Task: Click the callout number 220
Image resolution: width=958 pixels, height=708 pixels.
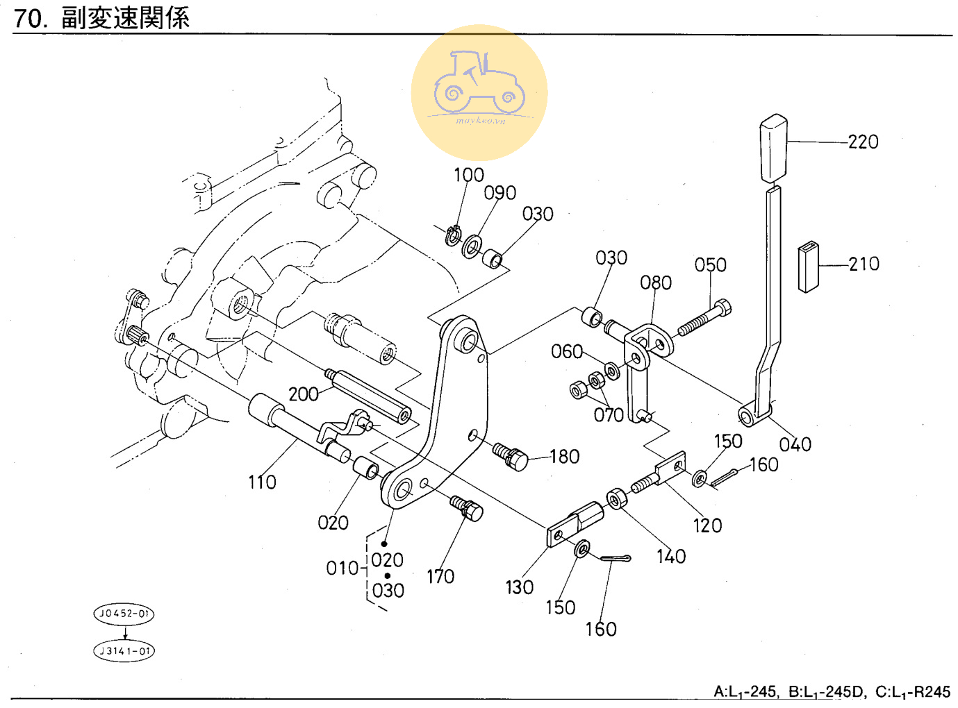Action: tap(863, 142)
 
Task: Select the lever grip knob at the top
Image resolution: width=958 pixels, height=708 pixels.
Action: tap(773, 147)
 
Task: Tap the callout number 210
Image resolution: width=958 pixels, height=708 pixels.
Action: tap(864, 264)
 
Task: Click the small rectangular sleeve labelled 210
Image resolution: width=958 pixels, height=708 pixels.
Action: tap(808, 267)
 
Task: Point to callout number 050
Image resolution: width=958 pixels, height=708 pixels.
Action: tap(710, 265)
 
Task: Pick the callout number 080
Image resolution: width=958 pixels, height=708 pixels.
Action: tap(655, 283)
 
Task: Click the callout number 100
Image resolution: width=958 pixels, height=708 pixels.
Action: tap(468, 175)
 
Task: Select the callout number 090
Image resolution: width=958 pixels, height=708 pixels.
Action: tap(499, 193)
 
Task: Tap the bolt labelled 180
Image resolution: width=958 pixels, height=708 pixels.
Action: tap(511, 456)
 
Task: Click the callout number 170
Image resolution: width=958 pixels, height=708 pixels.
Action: tap(440, 577)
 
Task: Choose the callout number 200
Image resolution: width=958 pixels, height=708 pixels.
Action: tap(303, 394)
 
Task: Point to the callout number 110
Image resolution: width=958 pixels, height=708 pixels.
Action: tap(262, 482)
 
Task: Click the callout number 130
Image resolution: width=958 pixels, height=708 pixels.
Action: tap(519, 588)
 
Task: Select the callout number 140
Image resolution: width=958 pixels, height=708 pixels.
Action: tap(670, 557)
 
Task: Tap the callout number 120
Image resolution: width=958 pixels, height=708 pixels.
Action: tap(707, 526)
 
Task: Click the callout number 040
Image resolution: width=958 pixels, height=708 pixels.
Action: tap(795, 445)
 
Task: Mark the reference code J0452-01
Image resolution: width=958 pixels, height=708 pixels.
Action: tap(124, 614)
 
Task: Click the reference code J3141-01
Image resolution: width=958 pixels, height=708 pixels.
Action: tap(124, 651)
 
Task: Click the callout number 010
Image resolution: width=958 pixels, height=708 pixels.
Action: tap(342, 568)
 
